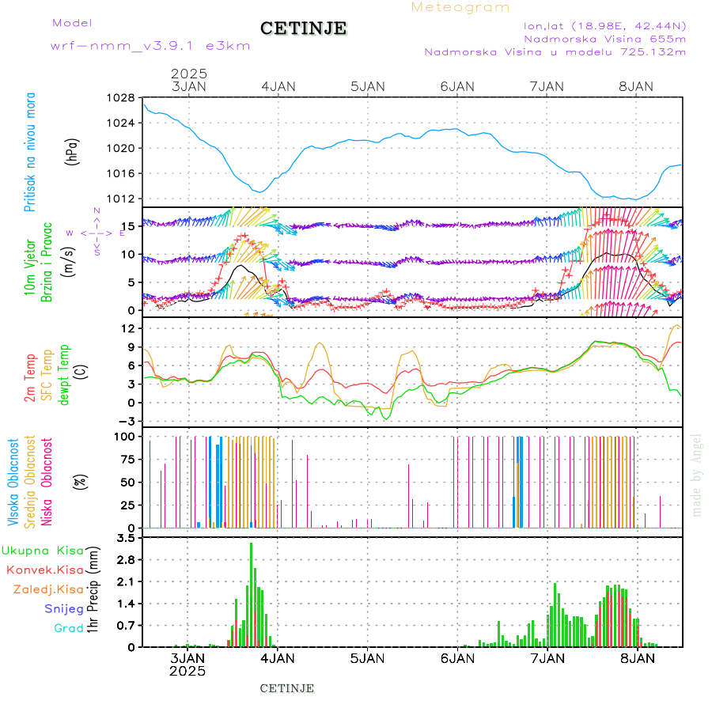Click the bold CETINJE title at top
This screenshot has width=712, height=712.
pos(303,28)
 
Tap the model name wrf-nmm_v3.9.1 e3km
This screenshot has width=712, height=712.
pos(150,46)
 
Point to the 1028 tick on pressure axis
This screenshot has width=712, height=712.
pos(121,98)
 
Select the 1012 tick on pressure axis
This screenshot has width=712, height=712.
pos(121,199)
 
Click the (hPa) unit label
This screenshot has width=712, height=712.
pos(73,151)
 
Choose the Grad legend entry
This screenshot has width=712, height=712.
pos(69,628)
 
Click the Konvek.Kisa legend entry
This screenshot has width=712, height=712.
pos(44,570)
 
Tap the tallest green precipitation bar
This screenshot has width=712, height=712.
pos(252,593)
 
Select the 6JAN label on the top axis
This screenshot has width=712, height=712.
pos(457,86)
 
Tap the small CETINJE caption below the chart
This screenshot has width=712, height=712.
pos(287,688)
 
